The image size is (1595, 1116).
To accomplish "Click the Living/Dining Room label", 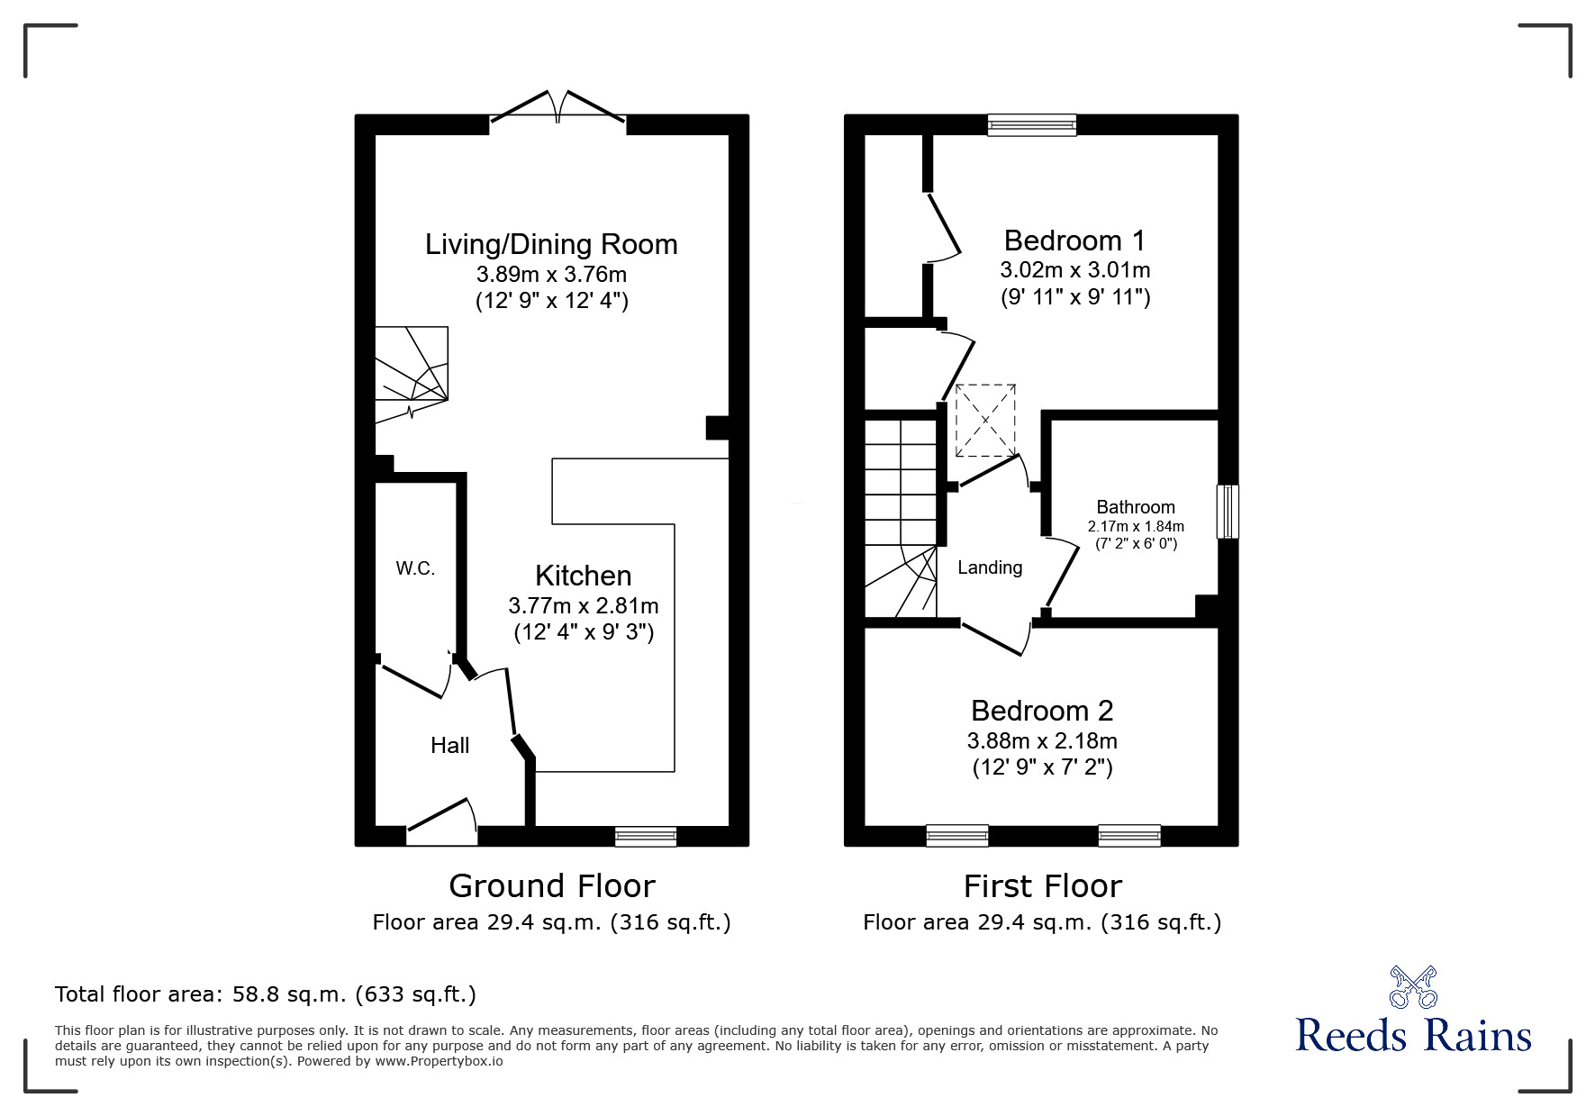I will click(x=551, y=244).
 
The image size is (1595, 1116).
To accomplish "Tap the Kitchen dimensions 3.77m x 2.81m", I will click(x=583, y=605).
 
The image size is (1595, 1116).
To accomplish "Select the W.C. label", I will click(x=415, y=568).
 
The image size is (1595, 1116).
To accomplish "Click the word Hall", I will click(x=449, y=746).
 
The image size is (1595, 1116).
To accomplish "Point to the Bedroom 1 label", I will click(x=1074, y=240).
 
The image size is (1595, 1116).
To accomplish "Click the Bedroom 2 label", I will click(x=1042, y=711).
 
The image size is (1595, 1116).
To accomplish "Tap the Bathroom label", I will click(x=1136, y=507).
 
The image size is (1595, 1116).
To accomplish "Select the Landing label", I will click(x=990, y=567).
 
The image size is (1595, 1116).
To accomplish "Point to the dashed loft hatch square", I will click(x=985, y=420).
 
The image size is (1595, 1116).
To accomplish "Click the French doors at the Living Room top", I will click(x=557, y=108).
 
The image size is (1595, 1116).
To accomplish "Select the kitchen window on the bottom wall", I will click(x=646, y=837).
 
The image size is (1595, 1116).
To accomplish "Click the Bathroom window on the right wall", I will click(x=1228, y=512).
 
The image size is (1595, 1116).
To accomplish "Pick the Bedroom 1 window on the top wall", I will click(x=1031, y=124).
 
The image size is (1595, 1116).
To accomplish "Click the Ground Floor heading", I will click(x=551, y=886).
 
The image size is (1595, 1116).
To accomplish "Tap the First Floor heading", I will click(x=1042, y=886).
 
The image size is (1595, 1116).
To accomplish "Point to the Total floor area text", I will click(x=266, y=994).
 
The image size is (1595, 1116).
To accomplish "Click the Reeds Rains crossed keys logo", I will click(x=1413, y=986).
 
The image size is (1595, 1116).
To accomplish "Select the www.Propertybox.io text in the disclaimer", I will click(x=440, y=1061).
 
